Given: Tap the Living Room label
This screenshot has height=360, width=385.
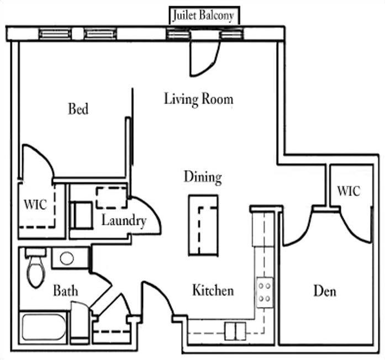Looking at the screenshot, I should tap(198, 99).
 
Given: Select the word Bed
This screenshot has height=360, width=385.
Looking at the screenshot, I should tap(78, 108).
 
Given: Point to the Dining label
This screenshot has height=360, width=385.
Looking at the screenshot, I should tap(203, 177).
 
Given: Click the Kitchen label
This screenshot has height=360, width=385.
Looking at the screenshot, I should tap(213, 290).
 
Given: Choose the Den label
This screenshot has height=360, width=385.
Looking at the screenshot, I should tap(325, 290).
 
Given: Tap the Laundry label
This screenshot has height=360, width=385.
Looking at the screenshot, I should tap(123, 221).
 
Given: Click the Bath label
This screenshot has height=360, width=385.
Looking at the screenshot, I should tap(65, 290).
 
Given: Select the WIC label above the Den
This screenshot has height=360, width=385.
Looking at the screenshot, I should tap(349, 191).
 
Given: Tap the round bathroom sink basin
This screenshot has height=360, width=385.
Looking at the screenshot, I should tap(67, 258).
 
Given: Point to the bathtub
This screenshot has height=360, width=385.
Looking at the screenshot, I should tap(44, 327).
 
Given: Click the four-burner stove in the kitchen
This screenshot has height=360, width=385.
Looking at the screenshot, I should tap(264, 293).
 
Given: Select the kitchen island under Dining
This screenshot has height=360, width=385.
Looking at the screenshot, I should tap(203, 224).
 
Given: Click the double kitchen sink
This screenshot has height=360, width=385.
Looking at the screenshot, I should tap(234, 331).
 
